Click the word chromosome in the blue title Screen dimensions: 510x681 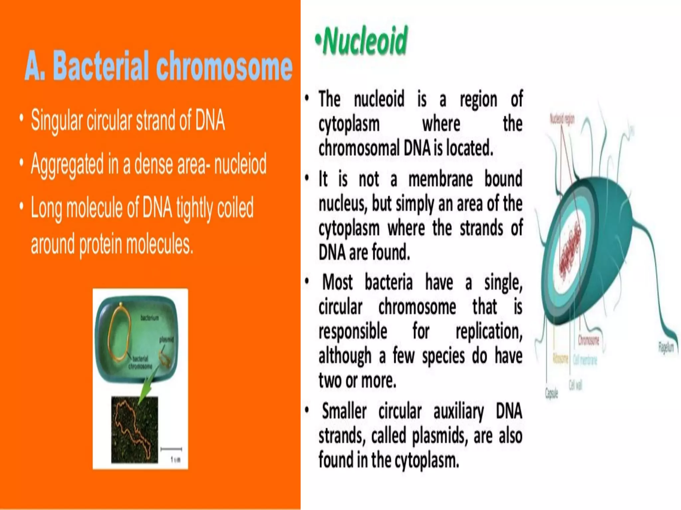click(224, 66)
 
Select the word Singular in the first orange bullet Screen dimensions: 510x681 click(57, 120)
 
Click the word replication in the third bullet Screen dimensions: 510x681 click(489, 331)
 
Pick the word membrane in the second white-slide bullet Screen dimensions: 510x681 click(440, 179)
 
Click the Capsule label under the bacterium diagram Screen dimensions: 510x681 click(551, 393)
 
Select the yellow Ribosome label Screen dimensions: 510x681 click(561, 359)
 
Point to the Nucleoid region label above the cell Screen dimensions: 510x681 click(562, 119)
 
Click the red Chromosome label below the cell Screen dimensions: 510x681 click(589, 340)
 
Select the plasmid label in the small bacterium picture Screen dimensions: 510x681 click(166, 339)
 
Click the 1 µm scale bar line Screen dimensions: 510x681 click(171, 449)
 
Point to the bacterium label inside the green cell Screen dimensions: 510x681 click(150, 318)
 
